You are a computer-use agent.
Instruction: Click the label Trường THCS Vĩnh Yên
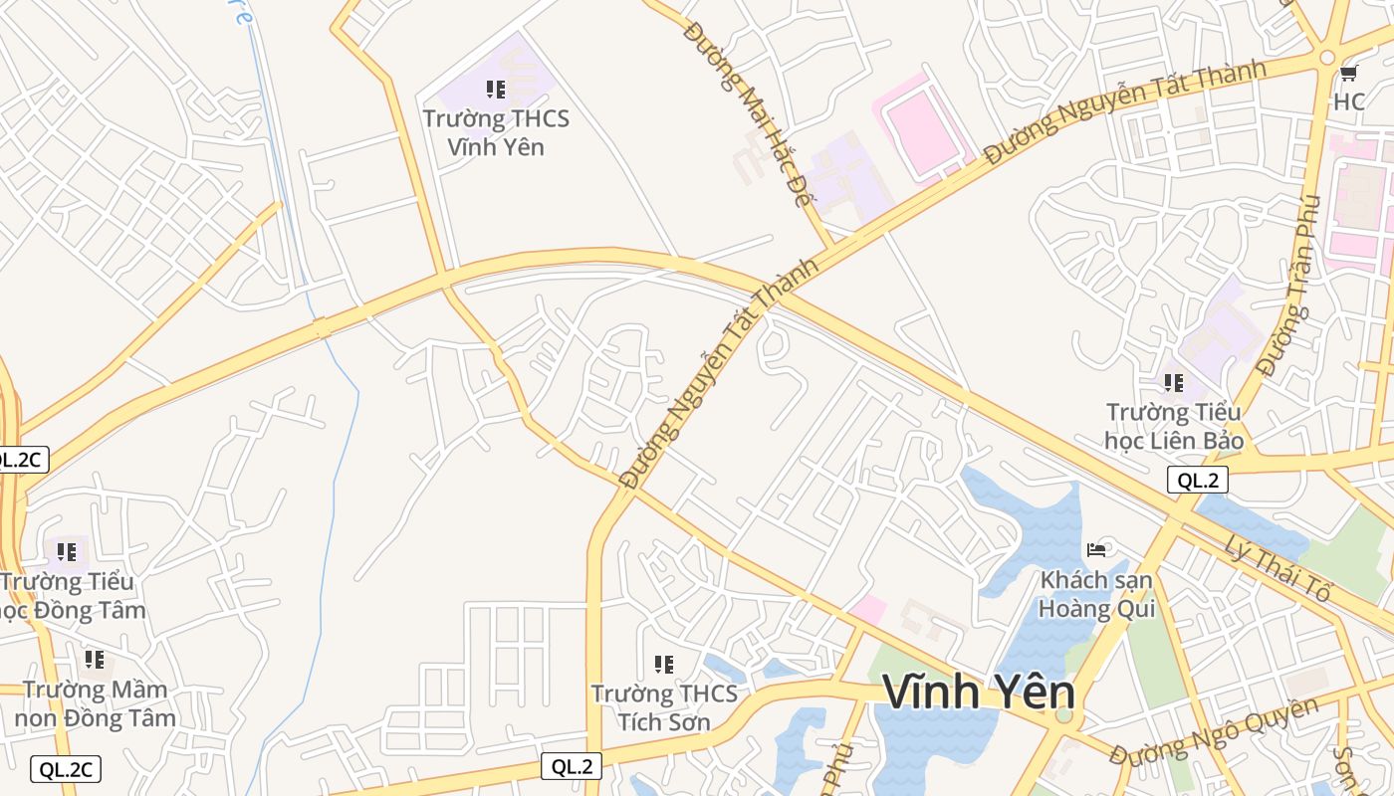pos(496,132)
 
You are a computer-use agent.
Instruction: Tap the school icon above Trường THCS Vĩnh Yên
pos(496,90)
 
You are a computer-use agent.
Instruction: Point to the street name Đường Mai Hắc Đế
pos(749,112)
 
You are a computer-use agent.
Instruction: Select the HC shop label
pos(1349,101)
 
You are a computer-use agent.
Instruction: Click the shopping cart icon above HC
pos(1349,73)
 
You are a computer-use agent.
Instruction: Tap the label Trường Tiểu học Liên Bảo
pos(1174,425)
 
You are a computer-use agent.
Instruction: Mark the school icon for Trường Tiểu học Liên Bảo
pos(1174,382)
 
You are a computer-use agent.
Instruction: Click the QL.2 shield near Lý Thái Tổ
pos(1197,481)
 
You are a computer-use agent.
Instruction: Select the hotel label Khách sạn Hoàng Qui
pos(1096,593)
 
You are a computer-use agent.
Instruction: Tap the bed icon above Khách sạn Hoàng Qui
pos(1097,549)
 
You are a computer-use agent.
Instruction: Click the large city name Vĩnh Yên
pos(978,692)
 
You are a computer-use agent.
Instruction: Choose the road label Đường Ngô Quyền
pos(1214,732)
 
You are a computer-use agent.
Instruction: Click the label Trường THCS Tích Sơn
pos(664,706)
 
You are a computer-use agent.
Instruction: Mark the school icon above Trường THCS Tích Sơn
pos(664,664)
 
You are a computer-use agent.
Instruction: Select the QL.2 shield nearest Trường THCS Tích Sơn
pos(572,766)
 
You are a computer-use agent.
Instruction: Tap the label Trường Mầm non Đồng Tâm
pos(96,702)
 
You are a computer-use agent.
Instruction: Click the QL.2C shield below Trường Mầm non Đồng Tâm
pos(66,769)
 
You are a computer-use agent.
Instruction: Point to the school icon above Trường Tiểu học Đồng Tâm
pos(67,551)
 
